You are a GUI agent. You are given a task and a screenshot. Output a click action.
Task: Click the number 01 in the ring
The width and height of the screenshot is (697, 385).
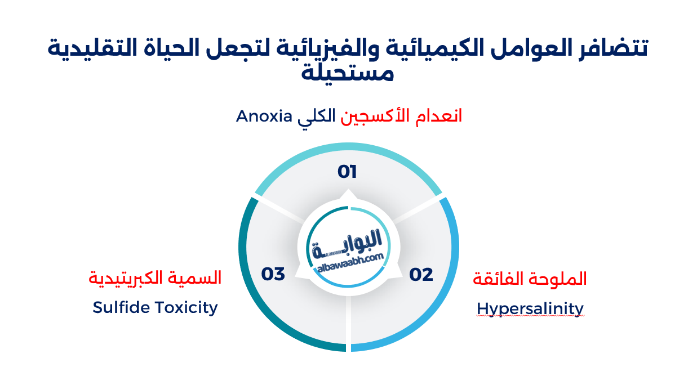(x=348, y=171)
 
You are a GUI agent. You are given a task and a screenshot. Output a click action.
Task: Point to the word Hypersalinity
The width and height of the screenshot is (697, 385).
(x=530, y=308)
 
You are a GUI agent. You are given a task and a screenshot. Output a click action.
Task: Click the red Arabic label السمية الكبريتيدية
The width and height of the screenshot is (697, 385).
(x=155, y=277)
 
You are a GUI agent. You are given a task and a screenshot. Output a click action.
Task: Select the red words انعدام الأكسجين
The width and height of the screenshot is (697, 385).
(x=401, y=117)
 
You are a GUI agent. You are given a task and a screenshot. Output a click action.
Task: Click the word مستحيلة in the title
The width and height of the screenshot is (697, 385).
(x=348, y=73)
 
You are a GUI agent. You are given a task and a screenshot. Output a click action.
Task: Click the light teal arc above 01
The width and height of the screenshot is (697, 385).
(x=348, y=151)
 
